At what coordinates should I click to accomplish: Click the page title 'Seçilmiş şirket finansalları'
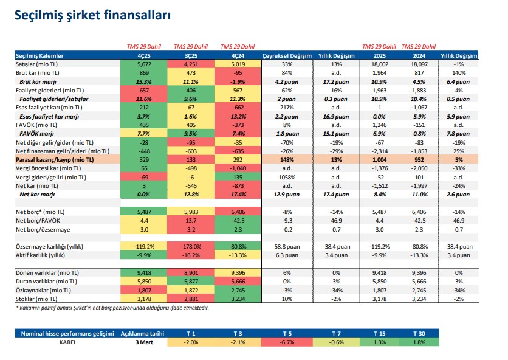92,16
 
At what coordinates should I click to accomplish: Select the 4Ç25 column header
145,55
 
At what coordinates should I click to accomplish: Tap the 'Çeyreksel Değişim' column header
287,55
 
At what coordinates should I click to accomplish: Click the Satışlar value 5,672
145,63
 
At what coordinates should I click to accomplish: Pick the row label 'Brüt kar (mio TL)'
41,72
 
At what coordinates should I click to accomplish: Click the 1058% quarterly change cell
287,176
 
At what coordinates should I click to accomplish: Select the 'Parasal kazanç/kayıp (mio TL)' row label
55,159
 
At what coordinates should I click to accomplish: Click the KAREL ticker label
67,342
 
